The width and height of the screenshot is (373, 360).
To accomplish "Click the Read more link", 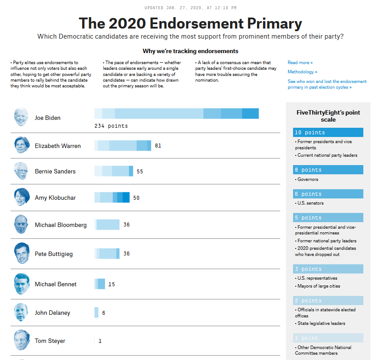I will click(x=300, y=63).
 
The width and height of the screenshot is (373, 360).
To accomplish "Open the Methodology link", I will click(x=302, y=72).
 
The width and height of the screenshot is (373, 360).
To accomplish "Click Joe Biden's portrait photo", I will click(x=21, y=117).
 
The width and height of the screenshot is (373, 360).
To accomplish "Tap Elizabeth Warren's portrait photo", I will click(x=21, y=145).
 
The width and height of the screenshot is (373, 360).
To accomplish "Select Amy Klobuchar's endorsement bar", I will click(x=112, y=198).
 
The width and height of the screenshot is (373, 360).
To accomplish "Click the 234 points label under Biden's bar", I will click(x=111, y=126).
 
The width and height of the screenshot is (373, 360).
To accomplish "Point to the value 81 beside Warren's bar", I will click(x=158, y=145).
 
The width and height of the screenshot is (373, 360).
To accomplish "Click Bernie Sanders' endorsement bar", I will click(x=114, y=171).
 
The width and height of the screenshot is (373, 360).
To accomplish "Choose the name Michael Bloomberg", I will click(x=61, y=225).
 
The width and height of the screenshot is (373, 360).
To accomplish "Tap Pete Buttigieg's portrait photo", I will click(x=21, y=253).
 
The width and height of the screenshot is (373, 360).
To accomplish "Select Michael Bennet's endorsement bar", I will click(x=100, y=284).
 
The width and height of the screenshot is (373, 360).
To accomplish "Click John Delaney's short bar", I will click(x=96, y=313).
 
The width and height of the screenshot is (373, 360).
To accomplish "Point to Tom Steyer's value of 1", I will click(x=100, y=341).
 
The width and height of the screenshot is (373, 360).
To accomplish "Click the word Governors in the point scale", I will click(x=308, y=180).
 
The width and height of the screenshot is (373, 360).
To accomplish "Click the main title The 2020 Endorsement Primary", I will click(x=190, y=23).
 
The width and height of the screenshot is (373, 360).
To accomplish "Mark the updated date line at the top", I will click(x=190, y=7).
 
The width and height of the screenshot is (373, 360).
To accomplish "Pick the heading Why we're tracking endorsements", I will click(x=190, y=51).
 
